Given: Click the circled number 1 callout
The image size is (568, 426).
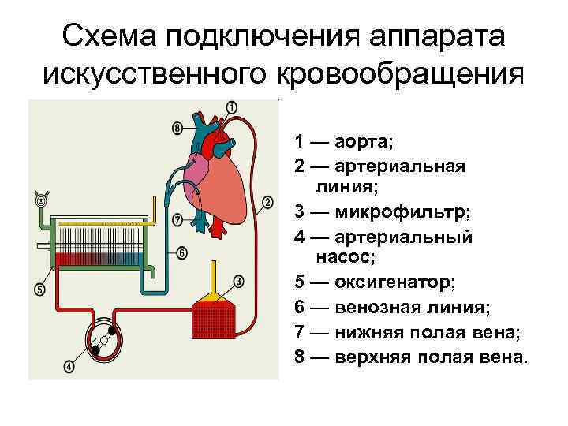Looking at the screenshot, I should click(231, 106).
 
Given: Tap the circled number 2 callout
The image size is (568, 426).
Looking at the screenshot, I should click(268, 201).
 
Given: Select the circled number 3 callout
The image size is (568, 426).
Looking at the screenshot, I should click(239, 281).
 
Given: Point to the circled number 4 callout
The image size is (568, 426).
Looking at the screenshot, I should click(69, 366).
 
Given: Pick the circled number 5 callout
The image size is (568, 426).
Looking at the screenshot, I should click(39, 290).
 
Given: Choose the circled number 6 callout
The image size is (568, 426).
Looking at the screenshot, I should click(181, 253).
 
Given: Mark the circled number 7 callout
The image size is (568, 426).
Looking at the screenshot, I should click(177, 219).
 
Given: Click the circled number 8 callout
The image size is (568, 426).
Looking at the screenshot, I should click(177, 127).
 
